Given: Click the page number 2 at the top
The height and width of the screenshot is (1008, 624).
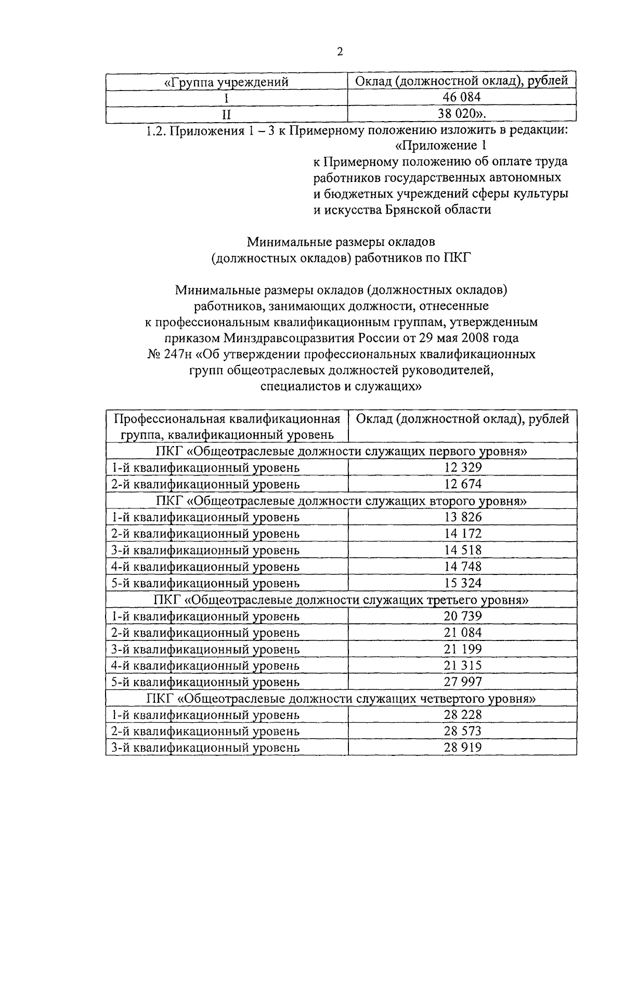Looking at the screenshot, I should coord(340,51).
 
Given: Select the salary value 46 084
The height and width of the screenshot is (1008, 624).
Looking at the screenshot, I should coord(462,97).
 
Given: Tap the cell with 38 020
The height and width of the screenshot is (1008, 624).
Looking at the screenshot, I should coord(462,114).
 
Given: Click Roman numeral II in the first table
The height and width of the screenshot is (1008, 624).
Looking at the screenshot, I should coord(226,114).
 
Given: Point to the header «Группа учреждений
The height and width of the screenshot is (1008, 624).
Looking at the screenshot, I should coord(226,82).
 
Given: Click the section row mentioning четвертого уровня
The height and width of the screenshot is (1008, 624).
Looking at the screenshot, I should coord(341,698).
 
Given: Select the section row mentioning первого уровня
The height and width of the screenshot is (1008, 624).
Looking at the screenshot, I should coord(341,451).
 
